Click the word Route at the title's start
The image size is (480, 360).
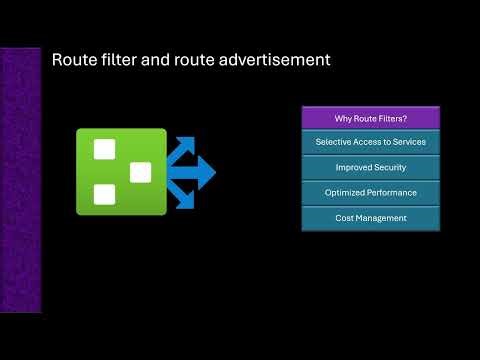(x=75, y=60)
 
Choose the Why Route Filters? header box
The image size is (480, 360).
(x=371, y=118)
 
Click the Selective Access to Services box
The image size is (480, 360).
(x=371, y=142)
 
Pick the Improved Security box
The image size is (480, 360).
(x=371, y=167)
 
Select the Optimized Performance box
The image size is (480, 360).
(x=371, y=192)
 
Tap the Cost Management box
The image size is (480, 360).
(x=371, y=217)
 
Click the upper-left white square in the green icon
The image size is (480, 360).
(x=103, y=151)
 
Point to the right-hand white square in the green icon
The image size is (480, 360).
(x=140, y=172)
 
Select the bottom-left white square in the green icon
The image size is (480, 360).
(x=103, y=194)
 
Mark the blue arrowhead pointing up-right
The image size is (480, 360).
(x=189, y=145)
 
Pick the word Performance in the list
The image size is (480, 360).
(x=392, y=192)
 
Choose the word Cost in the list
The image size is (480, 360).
(x=344, y=217)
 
